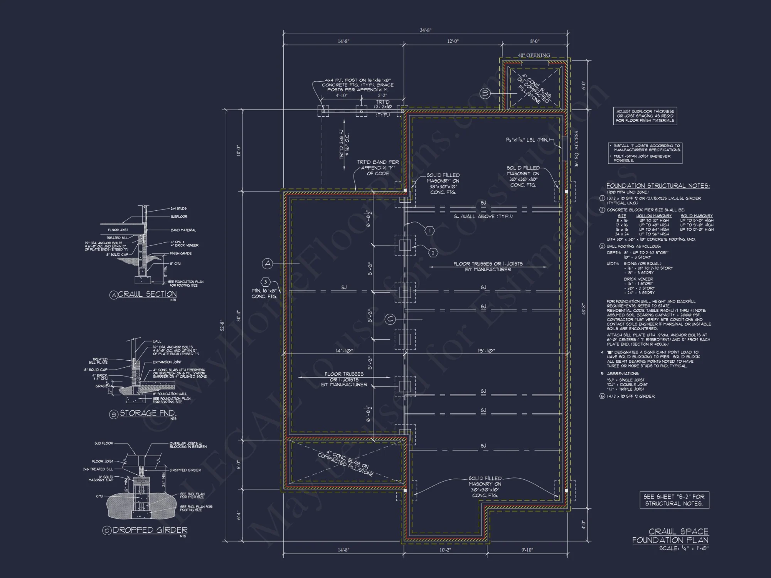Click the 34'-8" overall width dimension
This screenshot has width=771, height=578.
click(x=425, y=30)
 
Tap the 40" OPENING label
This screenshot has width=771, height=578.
click(x=534, y=55)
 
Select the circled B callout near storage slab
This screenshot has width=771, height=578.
click(x=485, y=93)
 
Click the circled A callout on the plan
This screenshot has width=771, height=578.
click(x=268, y=264)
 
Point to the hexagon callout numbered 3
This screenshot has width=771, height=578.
click(x=266, y=282)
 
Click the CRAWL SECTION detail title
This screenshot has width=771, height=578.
click(x=147, y=294)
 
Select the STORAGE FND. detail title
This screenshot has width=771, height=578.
click(x=148, y=413)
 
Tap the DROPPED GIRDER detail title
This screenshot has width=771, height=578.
click(x=150, y=530)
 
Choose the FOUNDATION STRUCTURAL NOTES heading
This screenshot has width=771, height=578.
click(x=658, y=186)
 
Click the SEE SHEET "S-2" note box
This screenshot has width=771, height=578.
click(x=674, y=500)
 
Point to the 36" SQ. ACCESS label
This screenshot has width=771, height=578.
click(x=577, y=149)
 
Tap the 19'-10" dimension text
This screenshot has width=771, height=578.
click(x=486, y=351)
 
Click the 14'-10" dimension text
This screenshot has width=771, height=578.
click(x=344, y=351)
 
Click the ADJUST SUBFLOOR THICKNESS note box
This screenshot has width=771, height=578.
click(x=645, y=116)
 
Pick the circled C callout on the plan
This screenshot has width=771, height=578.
click(x=391, y=319)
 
